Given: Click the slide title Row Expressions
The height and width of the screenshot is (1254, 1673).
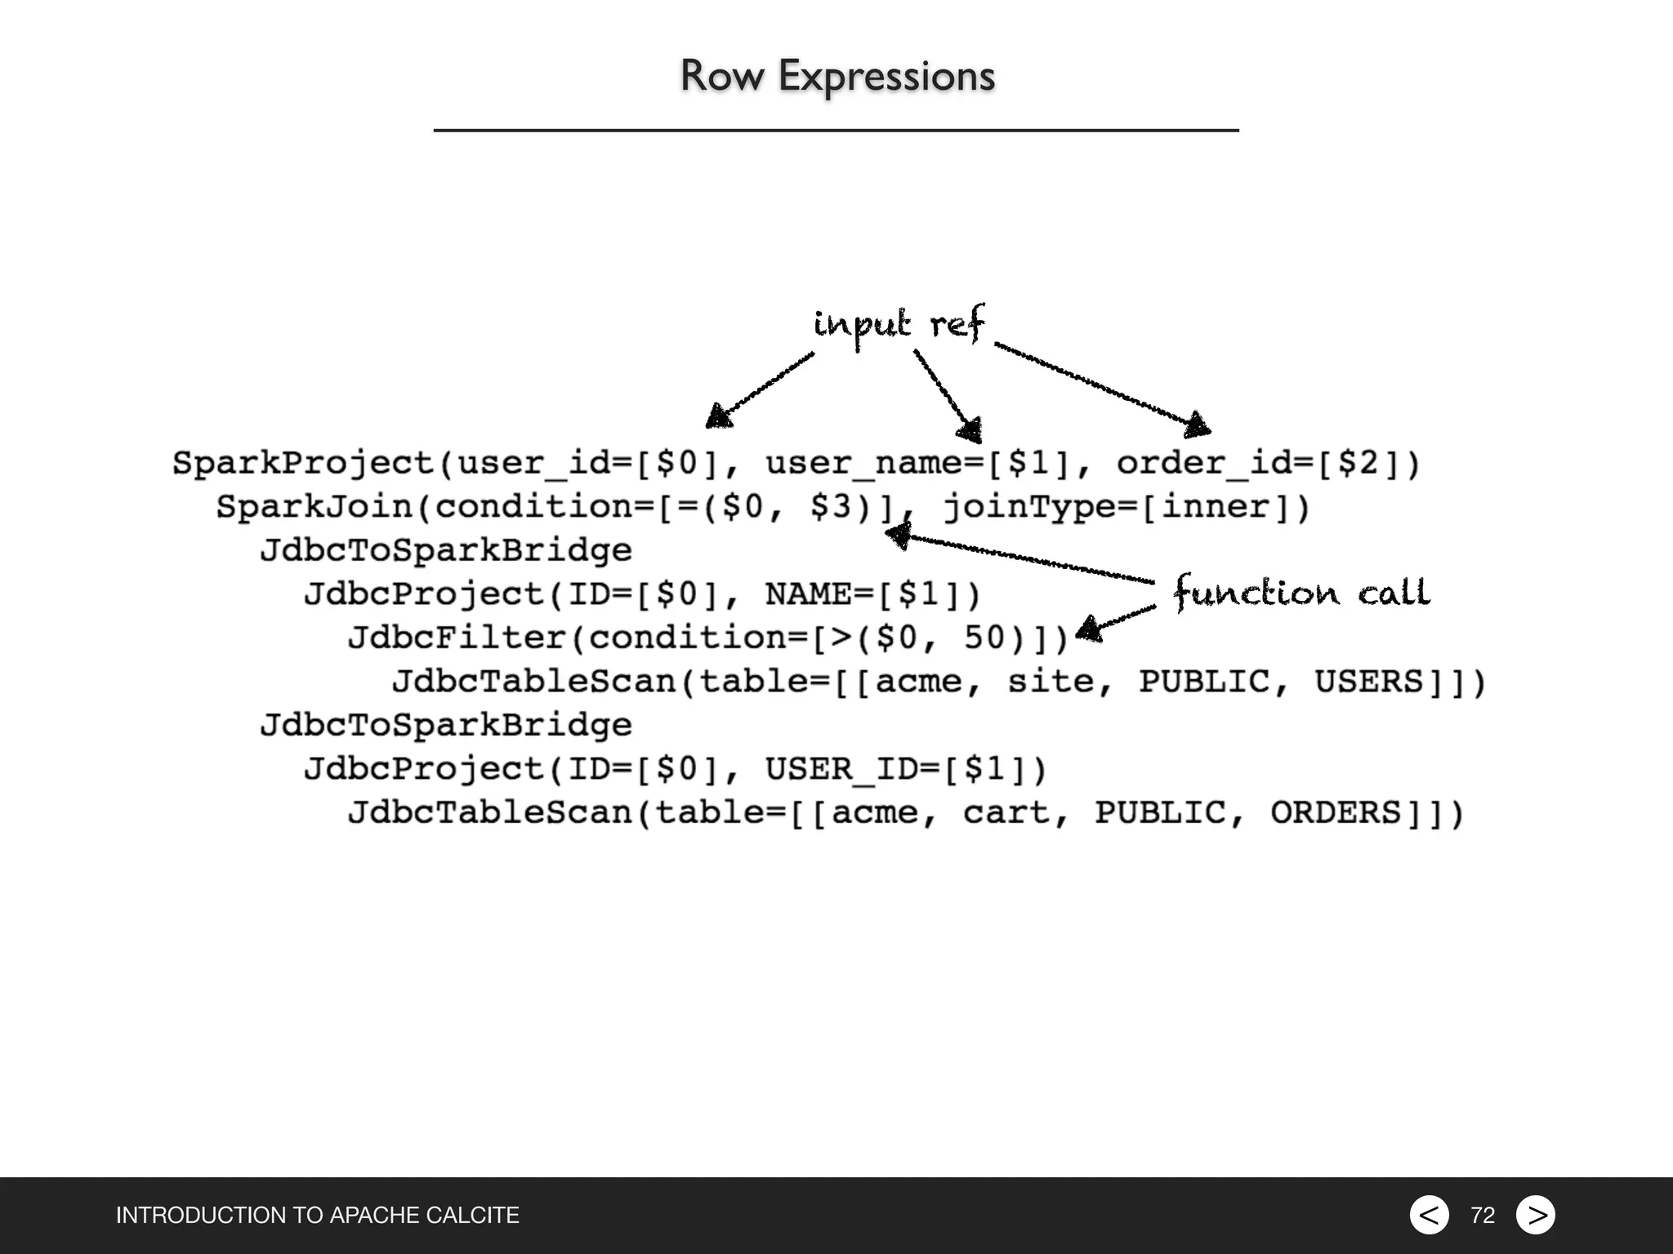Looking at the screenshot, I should (x=837, y=76).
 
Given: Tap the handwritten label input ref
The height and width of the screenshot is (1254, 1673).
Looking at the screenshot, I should (x=899, y=324).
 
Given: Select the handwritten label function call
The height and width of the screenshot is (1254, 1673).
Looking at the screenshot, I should (x=1301, y=592).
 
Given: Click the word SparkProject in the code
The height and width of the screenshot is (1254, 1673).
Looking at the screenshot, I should (x=303, y=463).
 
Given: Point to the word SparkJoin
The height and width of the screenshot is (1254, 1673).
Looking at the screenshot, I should (x=315, y=507).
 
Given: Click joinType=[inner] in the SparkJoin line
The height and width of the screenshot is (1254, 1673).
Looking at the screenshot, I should (x=1126, y=507).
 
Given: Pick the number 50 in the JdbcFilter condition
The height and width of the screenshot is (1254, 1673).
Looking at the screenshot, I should (x=984, y=638).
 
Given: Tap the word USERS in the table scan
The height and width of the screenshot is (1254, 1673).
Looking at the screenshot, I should (x=1368, y=682).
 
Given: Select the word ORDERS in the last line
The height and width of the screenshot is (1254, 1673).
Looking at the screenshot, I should (x=1335, y=812).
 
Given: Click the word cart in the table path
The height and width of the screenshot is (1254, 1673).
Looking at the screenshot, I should (x=1006, y=812).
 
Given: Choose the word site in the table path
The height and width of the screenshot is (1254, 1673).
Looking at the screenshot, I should (x=1050, y=682).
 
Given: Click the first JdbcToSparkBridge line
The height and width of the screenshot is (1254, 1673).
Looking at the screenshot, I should (x=446, y=550).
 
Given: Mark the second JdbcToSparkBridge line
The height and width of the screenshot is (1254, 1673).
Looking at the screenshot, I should (x=446, y=725).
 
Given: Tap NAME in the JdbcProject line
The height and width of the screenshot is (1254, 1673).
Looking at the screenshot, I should (x=808, y=594).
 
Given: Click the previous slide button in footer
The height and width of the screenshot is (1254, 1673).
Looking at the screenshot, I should (x=1429, y=1215).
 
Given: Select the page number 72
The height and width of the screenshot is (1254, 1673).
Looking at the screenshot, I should (x=1483, y=1216).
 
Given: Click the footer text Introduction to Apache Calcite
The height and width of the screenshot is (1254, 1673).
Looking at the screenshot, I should (x=318, y=1215).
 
